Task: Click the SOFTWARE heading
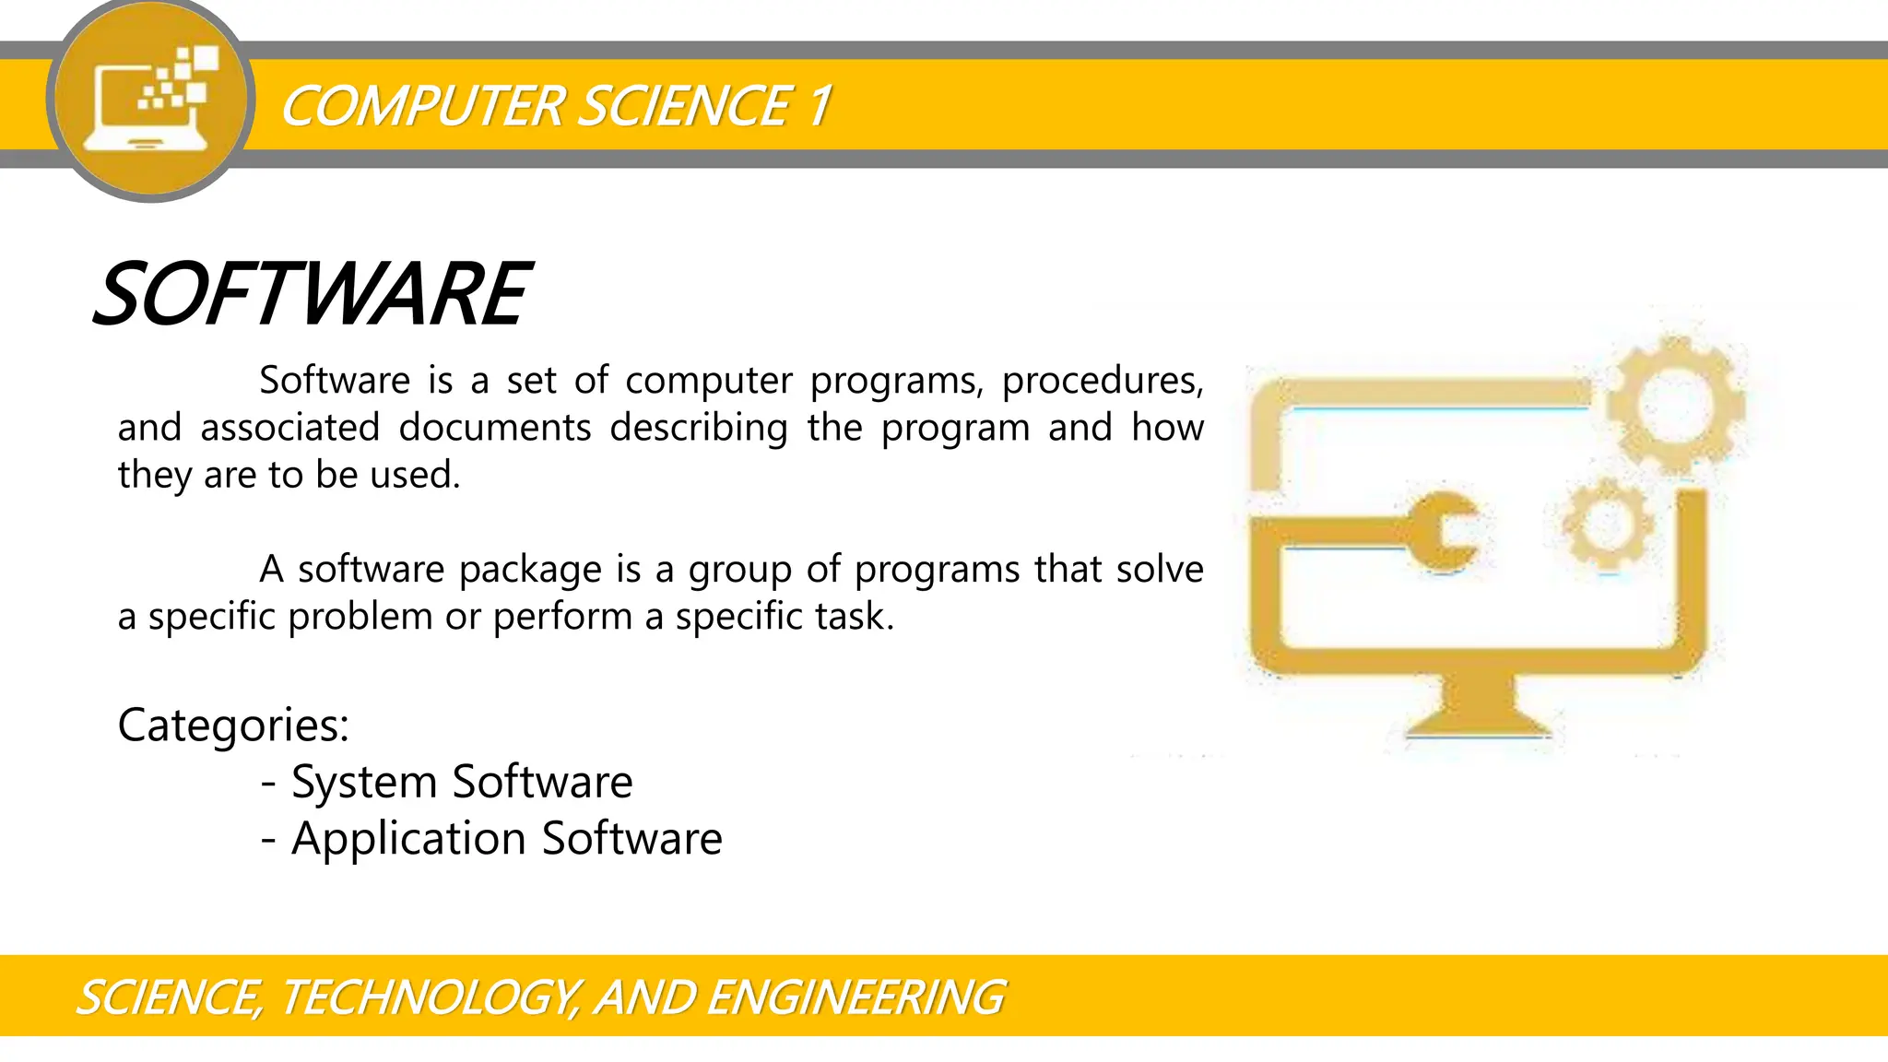coord(312,294)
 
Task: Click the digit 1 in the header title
coord(820,105)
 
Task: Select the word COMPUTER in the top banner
coord(423,105)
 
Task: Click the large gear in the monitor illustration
coord(1675,404)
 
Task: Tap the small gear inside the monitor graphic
coord(1608,523)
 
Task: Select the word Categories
coord(233,725)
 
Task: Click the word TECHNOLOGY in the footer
coord(430,997)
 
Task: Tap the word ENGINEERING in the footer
coord(855,997)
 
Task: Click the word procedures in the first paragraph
coord(1102,381)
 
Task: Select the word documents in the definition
coord(494,428)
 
